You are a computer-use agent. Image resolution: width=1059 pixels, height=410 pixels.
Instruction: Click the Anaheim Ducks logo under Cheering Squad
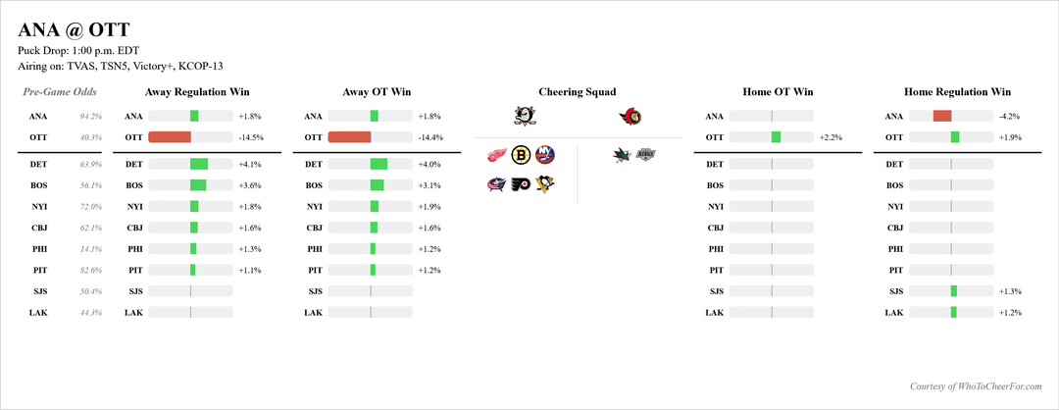pyautogui.click(x=524, y=117)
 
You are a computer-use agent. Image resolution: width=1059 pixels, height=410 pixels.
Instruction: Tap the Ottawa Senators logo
pyautogui.click(x=630, y=117)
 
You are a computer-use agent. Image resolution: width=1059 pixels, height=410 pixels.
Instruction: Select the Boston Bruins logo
pyautogui.click(x=522, y=155)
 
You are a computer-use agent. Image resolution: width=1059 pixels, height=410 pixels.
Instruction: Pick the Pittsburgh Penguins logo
pyautogui.click(x=544, y=183)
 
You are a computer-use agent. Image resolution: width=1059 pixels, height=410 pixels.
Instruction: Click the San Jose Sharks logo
pyautogui.click(x=623, y=154)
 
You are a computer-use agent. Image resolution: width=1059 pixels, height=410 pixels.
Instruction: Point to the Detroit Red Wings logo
pyautogui.click(x=498, y=155)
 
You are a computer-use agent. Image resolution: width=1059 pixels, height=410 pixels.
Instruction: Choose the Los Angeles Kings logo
pyautogui.click(x=644, y=154)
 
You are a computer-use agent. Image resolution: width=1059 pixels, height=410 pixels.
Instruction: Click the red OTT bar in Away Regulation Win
pyautogui.click(x=170, y=138)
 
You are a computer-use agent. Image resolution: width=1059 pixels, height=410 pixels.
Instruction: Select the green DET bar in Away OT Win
pyautogui.click(x=378, y=164)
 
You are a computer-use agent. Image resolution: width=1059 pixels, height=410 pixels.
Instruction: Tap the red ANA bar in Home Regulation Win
pyautogui.click(x=942, y=116)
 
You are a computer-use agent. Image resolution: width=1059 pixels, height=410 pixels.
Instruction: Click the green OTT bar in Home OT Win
pyautogui.click(x=777, y=137)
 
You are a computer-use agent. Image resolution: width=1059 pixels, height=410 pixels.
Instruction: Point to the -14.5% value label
pyautogui.click(x=251, y=138)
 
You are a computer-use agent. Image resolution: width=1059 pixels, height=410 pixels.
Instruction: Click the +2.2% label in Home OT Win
pyautogui.click(x=831, y=137)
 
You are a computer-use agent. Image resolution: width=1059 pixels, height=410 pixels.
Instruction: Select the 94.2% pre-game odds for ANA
pyautogui.click(x=90, y=116)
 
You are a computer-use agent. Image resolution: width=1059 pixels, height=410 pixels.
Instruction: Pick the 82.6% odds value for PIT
pyautogui.click(x=90, y=270)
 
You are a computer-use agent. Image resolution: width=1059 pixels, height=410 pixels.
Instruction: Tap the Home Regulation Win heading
pyautogui.click(x=957, y=92)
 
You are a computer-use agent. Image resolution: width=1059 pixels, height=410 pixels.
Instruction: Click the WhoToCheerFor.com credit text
pyautogui.click(x=983, y=386)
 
